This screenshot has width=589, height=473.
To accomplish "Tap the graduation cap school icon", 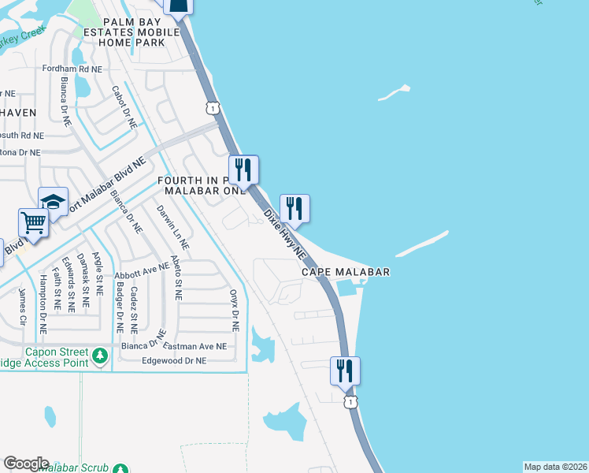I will pos(53,201).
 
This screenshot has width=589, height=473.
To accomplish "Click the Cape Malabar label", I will pos(346,271).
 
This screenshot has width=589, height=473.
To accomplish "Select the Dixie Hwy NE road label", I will pos(284,233).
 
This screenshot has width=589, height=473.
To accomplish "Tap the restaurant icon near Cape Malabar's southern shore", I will pos(345,371).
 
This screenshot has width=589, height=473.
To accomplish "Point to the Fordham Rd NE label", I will pos(73,69).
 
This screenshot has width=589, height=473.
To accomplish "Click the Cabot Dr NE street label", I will pos(124,107).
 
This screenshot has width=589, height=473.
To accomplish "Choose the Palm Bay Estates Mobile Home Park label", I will pos(132,32).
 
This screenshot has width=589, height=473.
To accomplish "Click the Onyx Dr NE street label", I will pos(234,309).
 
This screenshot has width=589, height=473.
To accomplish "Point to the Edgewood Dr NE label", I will pos(173,360).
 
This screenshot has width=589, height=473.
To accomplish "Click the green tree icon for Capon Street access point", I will pos(100,356).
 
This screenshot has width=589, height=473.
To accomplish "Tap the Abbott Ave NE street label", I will pos(142,271).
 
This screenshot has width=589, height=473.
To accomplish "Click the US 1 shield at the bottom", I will pos(349,402).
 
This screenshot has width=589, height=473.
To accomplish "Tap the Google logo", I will pos(26,464).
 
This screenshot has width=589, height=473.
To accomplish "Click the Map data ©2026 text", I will pos(555,467).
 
